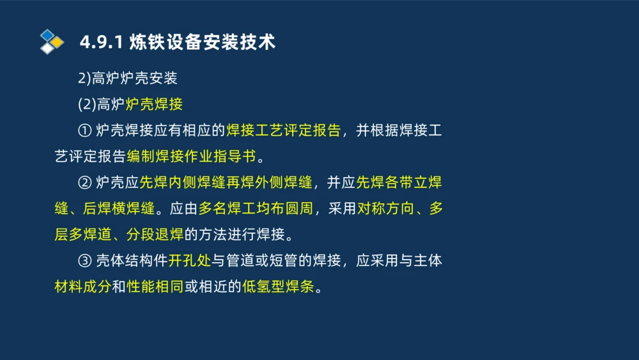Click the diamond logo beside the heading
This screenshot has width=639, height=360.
[52, 42]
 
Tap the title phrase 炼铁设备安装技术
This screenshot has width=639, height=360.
[202, 43]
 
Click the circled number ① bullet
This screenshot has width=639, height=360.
[85, 131]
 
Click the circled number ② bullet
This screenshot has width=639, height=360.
[85, 183]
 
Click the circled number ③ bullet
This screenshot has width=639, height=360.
[85, 261]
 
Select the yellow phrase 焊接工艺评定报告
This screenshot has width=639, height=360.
[283, 131]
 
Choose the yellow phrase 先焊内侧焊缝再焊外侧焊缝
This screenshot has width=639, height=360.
[226, 183]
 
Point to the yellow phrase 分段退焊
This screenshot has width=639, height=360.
[155, 235]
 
